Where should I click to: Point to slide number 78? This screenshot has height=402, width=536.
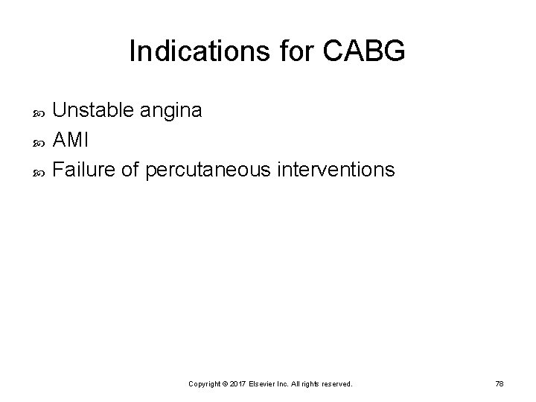(500, 383)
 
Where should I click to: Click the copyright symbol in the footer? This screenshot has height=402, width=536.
(229, 383)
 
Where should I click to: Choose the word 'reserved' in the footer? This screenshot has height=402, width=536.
(336, 383)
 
